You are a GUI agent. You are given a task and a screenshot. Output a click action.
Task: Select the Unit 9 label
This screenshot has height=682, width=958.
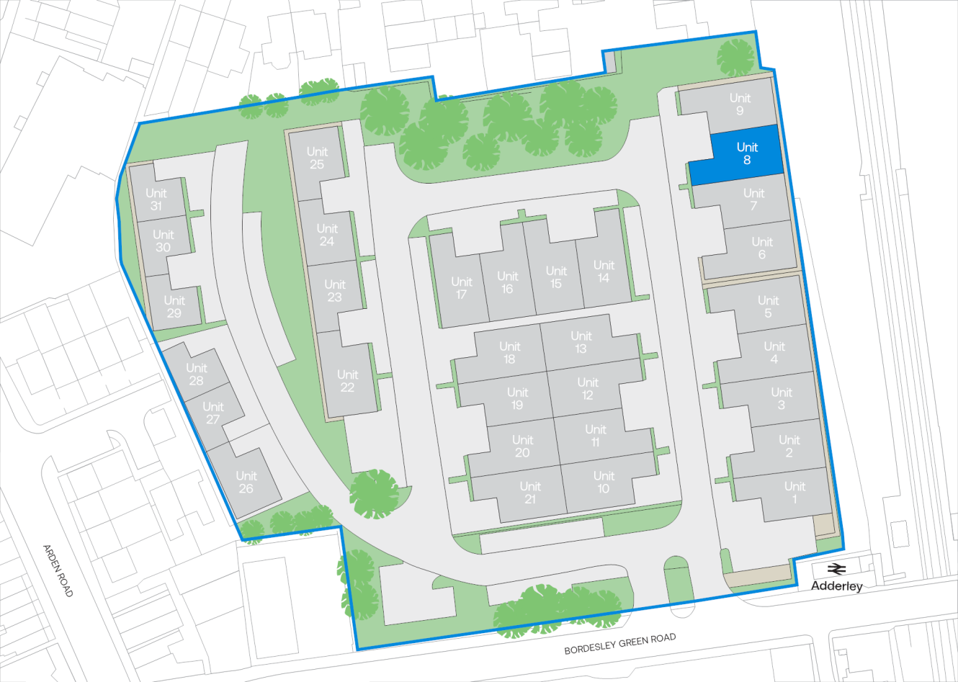coord(740,104)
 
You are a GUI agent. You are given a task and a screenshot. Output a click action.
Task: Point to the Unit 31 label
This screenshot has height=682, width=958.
coord(156,199)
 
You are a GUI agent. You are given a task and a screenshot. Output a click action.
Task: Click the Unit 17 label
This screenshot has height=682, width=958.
coord(462,288)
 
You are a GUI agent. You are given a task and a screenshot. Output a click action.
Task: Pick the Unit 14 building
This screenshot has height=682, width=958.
coord(604,272)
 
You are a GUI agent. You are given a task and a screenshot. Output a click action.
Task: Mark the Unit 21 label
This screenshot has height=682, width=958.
coord(530,493)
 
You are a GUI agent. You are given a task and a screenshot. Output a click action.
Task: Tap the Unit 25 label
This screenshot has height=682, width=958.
coord(317,158)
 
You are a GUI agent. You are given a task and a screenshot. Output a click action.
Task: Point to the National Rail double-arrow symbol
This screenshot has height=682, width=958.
coord(836,569)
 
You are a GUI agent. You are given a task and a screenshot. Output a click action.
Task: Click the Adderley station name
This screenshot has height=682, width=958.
coord(836,586)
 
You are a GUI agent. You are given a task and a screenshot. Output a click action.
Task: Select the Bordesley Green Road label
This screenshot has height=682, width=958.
coord(619,644)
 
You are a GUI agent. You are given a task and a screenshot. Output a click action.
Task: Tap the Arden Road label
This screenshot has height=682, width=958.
coord(58,570)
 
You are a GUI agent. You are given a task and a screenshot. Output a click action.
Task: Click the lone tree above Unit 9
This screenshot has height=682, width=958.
coord(735,58)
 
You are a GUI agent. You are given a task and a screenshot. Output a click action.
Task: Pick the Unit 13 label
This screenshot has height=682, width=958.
coord(581,342)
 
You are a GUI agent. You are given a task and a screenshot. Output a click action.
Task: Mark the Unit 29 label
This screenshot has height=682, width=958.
coord(174,307)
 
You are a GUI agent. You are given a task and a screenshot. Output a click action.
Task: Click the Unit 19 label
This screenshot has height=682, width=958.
coord(517,398)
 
